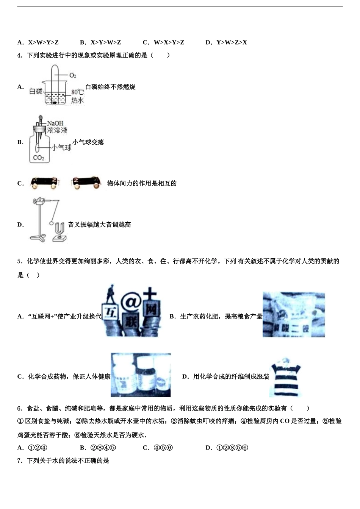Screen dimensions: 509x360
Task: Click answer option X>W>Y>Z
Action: [42, 42]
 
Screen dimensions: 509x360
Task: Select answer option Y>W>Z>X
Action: [231, 42]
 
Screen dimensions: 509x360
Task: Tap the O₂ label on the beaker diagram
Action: [73, 75]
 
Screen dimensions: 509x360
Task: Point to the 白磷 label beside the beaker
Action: [36, 91]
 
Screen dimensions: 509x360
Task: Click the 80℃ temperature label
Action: [77, 92]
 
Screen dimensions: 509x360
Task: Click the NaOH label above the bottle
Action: [55, 123]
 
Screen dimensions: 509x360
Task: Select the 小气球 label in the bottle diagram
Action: [62, 147]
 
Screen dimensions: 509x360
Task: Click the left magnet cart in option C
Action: [45, 182]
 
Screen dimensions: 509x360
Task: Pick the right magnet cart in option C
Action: [87, 182]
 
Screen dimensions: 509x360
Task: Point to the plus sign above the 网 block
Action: [150, 293]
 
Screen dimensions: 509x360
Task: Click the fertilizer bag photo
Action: [294, 314]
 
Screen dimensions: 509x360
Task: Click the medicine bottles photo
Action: [141, 375]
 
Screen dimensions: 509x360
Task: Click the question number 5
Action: [19, 261]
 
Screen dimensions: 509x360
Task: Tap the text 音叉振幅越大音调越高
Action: [99, 225]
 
